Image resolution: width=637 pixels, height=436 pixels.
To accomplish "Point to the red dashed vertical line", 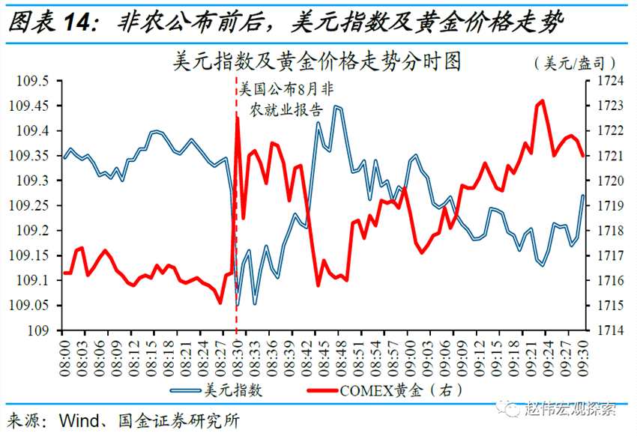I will click(237, 225).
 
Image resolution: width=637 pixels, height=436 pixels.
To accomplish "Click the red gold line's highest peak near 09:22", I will click(542, 100).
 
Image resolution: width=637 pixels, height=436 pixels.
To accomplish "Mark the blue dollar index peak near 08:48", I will click(337, 107).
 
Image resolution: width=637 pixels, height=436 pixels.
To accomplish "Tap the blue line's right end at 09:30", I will click(583, 196).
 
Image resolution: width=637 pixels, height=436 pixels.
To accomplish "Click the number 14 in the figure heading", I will click(81, 22).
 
